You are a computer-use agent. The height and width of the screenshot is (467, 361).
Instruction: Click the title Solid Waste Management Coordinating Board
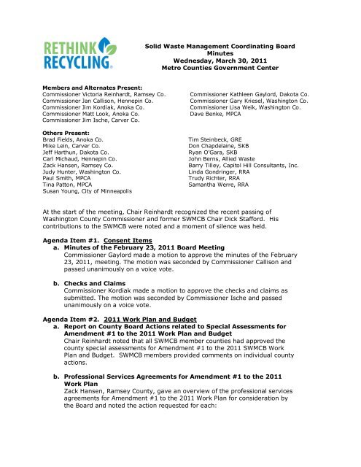(x=228, y=46)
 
